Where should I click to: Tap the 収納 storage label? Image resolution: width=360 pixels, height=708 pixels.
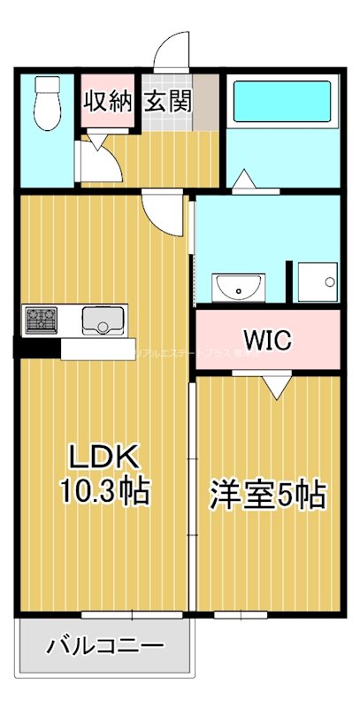108,101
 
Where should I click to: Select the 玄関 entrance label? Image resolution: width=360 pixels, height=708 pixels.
168,101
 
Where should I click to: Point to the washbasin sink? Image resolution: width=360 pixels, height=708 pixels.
239,287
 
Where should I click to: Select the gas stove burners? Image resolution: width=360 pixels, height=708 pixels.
41,319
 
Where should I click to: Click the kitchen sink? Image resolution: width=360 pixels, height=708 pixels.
105,319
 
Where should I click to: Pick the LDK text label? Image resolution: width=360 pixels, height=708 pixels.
104,458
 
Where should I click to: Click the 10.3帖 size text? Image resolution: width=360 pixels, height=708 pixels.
104,489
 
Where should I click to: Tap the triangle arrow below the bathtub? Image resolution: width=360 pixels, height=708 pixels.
245,180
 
